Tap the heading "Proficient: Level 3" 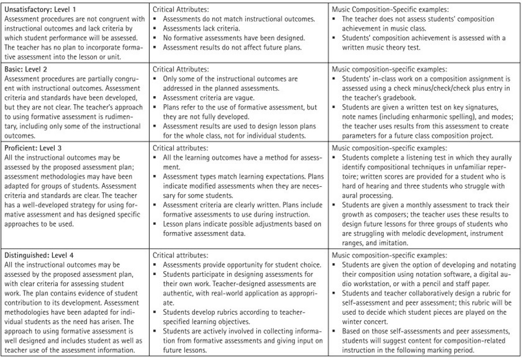click(x=33, y=148)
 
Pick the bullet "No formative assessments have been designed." click(x=234, y=38)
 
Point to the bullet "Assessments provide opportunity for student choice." click(x=242, y=265)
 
